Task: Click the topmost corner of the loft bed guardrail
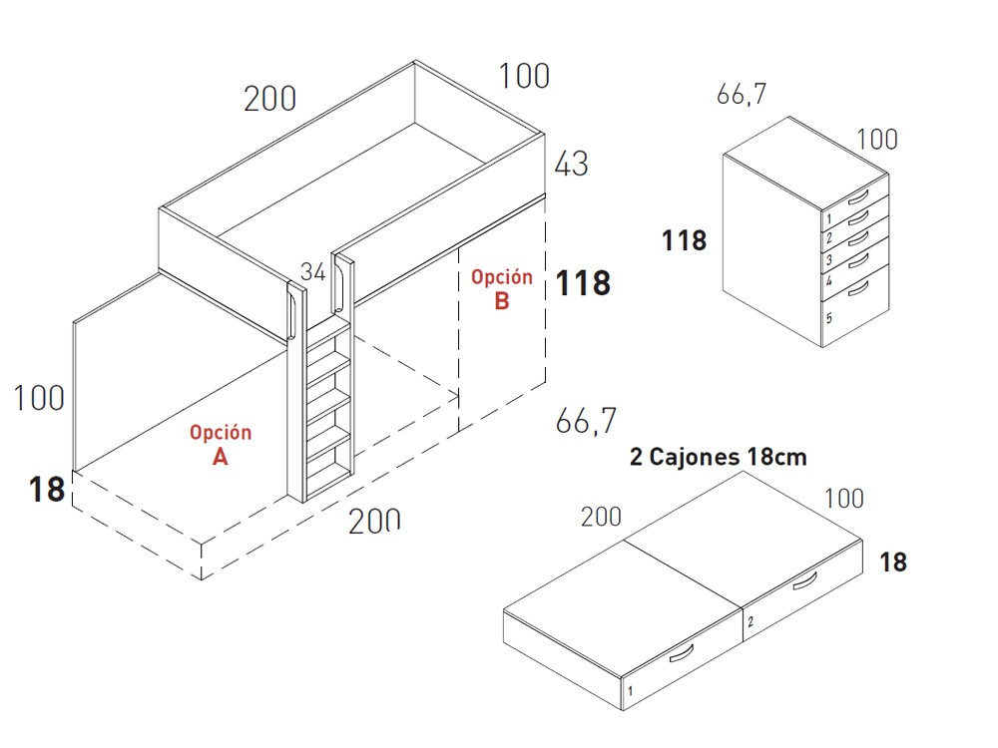click(415, 61)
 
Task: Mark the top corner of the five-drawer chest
click(789, 117)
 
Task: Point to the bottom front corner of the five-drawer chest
click(822, 347)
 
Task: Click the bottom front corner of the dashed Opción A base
click(202, 579)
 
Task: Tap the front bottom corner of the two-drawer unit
click(622, 710)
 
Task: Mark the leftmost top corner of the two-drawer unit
click(503, 610)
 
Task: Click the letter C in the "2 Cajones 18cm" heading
click(657, 458)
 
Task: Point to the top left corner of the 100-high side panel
click(74, 322)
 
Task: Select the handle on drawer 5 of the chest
click(858, 289)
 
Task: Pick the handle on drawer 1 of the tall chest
click(858, 196)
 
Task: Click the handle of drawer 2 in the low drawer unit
click(805, 581)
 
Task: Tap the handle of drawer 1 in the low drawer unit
click(682, 654)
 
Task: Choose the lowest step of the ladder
click(328, 471)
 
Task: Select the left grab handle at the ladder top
click(294, 315)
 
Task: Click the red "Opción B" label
click(502, 289)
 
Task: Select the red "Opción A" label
click(221, 445)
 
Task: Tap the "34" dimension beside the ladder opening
click(313, 271)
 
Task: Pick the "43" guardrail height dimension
click(571, 164)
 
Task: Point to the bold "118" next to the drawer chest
click(685, 240)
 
